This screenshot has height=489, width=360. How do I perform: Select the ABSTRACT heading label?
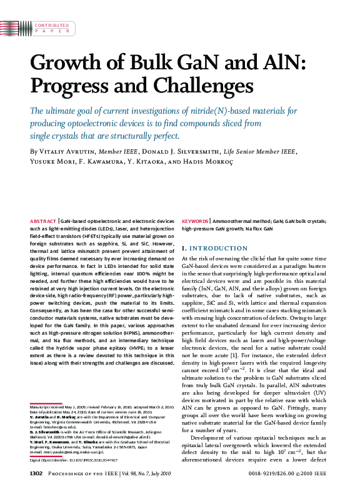43,221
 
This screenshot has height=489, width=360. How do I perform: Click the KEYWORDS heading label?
195,221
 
